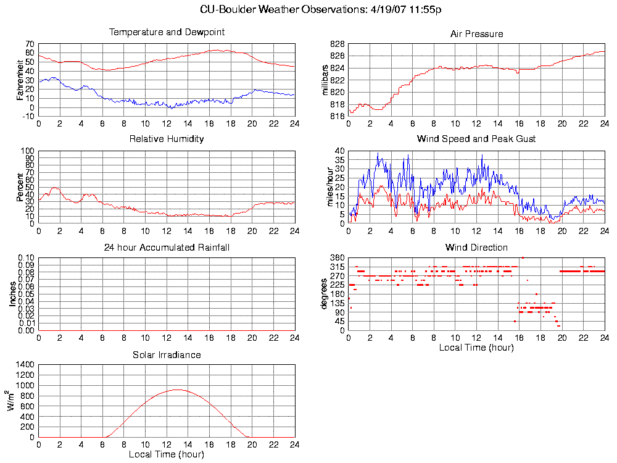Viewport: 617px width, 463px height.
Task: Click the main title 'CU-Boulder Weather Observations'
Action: pyautogui.click(x=321, y=10)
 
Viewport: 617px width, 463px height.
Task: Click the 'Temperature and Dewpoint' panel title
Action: pyautogui.click(x=167, y=32)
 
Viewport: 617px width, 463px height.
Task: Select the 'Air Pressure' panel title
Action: pyautogui.click(x=476, y=34)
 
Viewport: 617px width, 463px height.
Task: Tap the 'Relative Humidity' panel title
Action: pyautogui.click(x=167, y=139)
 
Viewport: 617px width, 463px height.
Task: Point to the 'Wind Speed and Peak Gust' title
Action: pyautogui.click(x=476, y=139)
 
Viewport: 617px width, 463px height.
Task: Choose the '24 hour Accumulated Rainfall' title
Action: pyautogui.click(x=167, y=248)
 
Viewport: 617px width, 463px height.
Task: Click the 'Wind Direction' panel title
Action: pyautogui.click(x=476, y=248)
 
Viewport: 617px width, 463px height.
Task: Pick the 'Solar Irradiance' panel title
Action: pyautogui.click(x=167, y=355)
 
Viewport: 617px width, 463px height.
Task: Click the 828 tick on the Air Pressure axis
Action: pyautogui.click(x=337, y=44)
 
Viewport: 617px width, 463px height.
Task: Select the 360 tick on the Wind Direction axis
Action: pyautogui.click(x=337, y=257)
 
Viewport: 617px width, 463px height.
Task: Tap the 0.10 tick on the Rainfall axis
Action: pyautogui.click(x=25, y=257)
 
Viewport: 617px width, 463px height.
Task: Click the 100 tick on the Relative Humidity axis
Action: pyautogui.click(x=27, y=151)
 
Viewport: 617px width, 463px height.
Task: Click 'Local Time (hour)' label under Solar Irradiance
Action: pyautogui.click(x=167, y=454)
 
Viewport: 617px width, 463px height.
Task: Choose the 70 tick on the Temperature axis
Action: pyautogui.click(x=29, y=44)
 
